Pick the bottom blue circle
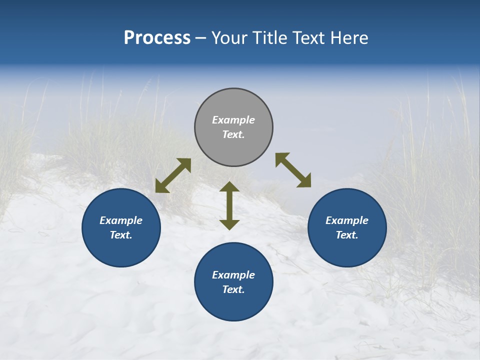point(233,305)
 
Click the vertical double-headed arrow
point(229,205)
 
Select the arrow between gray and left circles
point(173,175)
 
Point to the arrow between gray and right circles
point(293,170)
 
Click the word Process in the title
point(157,37)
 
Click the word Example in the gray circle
point(233,120)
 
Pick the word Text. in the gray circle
point(233,134)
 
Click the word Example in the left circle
point(121,220)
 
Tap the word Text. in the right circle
point(347,235)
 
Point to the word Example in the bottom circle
point(233,275)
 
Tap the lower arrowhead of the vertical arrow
point(229,224)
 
